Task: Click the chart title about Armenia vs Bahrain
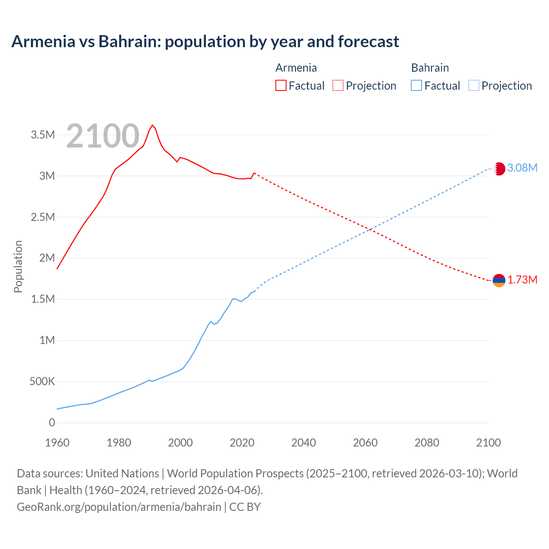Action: [205, 42]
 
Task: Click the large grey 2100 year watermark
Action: [103, 136]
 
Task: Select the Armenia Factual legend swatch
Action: [281, 85]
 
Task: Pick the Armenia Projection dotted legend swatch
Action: [338, 85]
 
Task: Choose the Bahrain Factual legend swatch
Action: [416, 85]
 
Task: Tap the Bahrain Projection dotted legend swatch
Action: [474, 85]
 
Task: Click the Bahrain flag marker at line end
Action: [499, 169]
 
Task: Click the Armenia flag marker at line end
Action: [499, 281]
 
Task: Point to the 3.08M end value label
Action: [522, 168]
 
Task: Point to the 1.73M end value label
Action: [522, 280]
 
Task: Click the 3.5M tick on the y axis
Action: [43, 135]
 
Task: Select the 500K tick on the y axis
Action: [42, 381]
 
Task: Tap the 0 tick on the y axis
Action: [52, 422]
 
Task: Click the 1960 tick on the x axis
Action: [57, 443]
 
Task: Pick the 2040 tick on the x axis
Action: [304, 443]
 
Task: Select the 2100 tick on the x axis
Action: [488, 443]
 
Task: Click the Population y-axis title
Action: [18, 266]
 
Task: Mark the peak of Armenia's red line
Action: [152, 125]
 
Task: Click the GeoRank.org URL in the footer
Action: [119, 507]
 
